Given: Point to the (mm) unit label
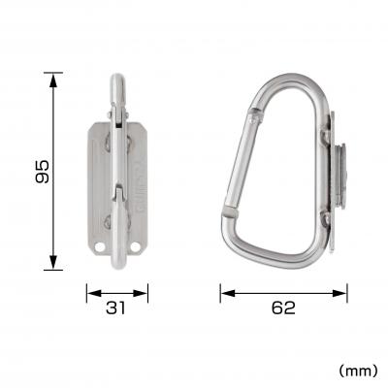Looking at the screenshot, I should point(355,370).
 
